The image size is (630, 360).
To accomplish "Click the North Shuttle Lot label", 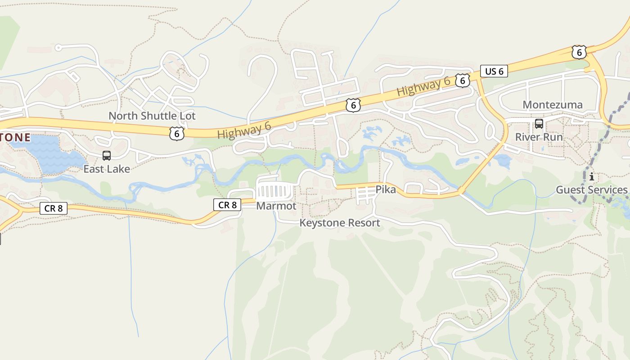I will tap(152, 116).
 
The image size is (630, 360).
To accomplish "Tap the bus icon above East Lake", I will tap(107, 156).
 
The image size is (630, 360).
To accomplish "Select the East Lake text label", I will tap(107, 169).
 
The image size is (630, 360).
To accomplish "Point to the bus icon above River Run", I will tap(539, 124).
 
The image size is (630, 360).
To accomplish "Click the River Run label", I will tap(539, 137).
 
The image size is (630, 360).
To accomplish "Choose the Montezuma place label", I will tap(552, 105).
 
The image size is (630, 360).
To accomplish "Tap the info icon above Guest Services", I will tap(591, 177).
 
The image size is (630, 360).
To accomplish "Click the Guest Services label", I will tap(591, 190).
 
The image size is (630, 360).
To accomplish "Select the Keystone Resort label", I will tap(340, 223).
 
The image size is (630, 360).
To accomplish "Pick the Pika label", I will tap(386, 189).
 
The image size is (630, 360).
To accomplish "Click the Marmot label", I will tap(276, 206).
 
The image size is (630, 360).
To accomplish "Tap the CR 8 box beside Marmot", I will tap(227, 205).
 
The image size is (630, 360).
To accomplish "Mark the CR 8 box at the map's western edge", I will tap(54, 208).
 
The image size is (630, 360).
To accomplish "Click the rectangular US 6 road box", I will tap(494, 71).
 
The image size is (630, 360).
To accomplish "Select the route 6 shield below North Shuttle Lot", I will tap(177, 133).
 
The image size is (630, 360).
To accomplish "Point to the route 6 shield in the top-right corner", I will tap(579, 52).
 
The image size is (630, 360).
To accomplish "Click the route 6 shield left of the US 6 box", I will tap(462, 81).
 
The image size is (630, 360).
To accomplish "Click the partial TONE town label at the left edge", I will tap(15, 137).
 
